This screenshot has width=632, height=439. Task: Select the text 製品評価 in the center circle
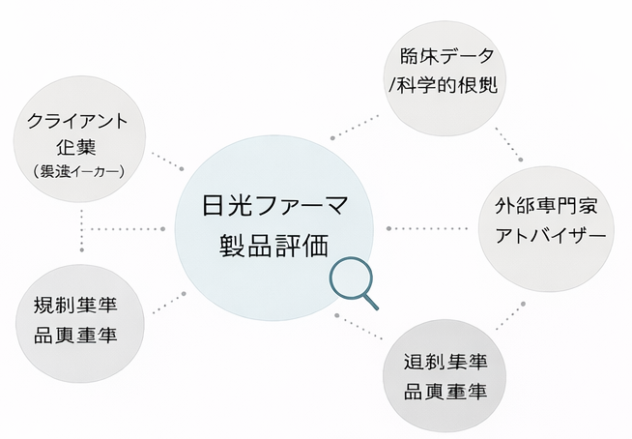point(273,242)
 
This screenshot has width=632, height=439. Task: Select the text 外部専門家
point(548,207)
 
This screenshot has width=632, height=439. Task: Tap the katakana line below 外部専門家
point(548,236)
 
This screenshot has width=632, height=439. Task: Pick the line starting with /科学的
point(444,86)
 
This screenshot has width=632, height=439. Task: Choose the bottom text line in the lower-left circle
point(82,336)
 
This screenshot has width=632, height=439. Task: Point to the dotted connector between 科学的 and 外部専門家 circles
point(512,145)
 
